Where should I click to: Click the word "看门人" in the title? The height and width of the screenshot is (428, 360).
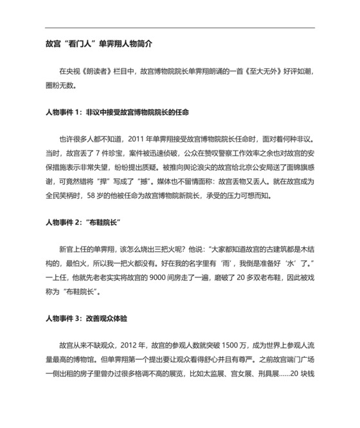click(x=80, y=47)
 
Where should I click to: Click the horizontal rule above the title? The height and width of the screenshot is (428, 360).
click(x=180, y=28)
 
